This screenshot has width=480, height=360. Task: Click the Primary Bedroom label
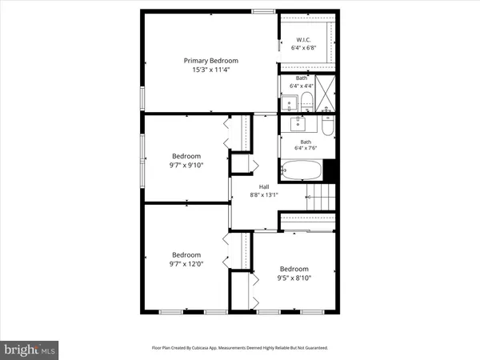click(211, 60)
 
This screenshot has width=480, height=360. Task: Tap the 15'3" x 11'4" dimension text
click(211, 70)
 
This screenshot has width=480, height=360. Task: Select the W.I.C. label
click(303, 39)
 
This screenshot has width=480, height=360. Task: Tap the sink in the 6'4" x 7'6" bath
click(300, 124)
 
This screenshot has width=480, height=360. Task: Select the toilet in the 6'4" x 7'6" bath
click(328, 127)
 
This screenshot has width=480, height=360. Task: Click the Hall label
click(264, 186)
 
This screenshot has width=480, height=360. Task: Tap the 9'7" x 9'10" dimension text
click(186, 166)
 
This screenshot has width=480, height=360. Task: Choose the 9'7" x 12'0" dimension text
click(186, 263)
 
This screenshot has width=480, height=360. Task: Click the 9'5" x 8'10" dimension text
click(294, 278)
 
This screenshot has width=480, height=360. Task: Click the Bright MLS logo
click(30, 350)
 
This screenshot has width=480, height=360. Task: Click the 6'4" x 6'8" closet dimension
click(303, 48)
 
